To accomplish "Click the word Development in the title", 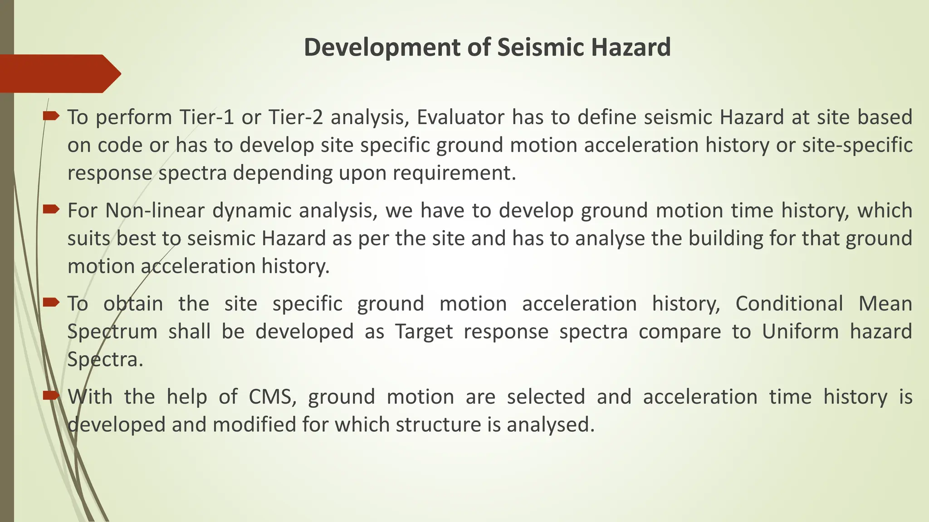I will click(x=382, y=48).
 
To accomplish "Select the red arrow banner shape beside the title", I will click(x=59, y=73).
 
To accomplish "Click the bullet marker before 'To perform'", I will click(x=51, y=116).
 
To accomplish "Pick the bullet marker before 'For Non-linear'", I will click(x=51, y=209).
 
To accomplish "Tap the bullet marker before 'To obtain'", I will click(x=51, y=302).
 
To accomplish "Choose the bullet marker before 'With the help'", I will click(x=51, y=396).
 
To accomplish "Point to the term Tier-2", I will click(x=295, y=117).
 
